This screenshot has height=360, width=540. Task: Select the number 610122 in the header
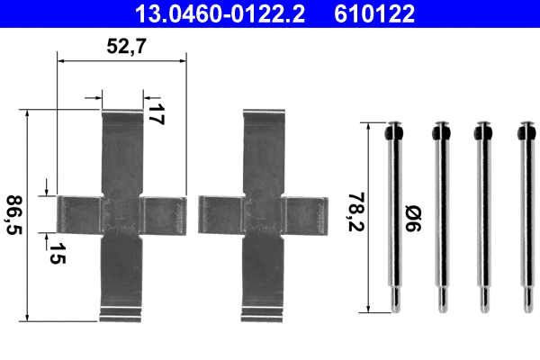click(376, 13)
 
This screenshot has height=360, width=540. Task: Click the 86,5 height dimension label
click(13, 216)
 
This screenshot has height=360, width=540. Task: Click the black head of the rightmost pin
click(523, 133)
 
